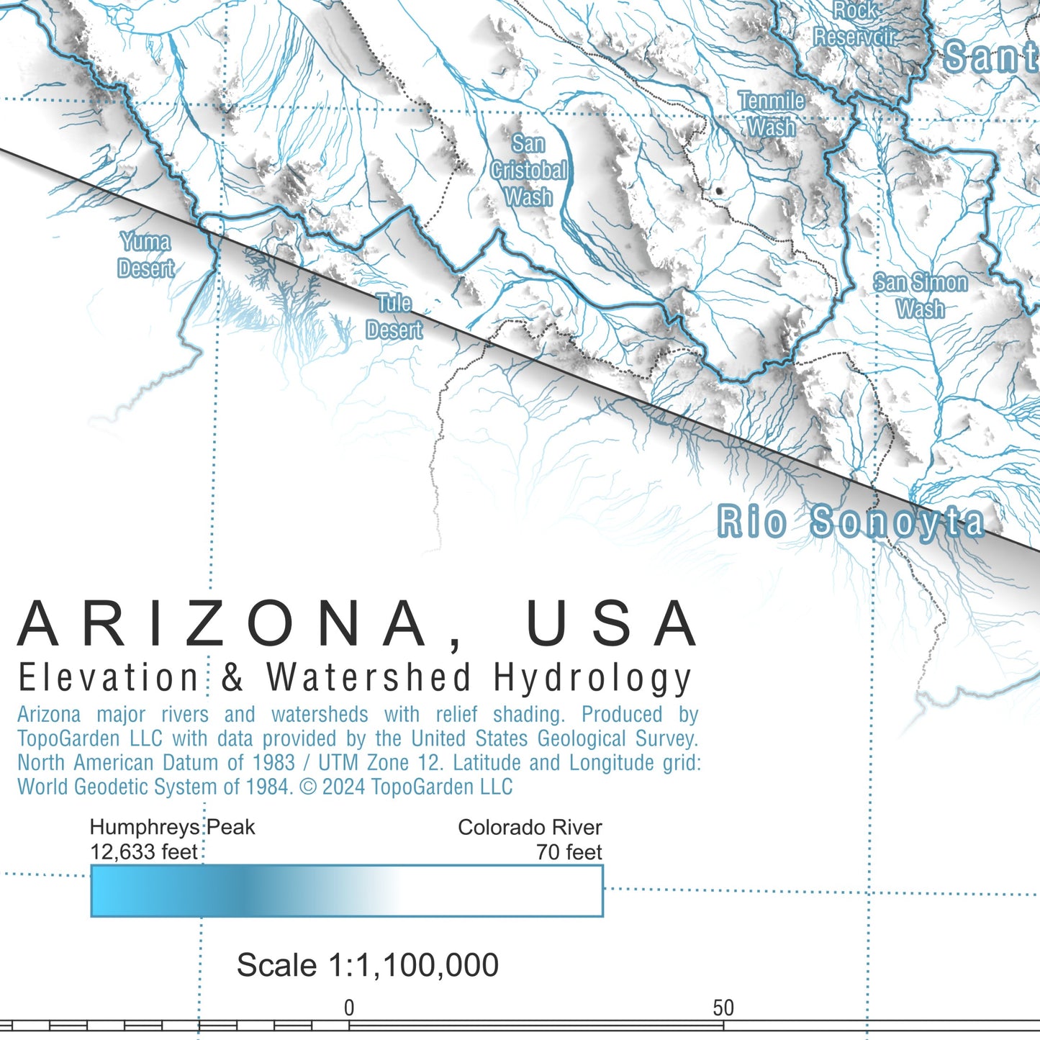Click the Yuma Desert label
[x=146, y=255]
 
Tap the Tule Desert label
[x=394, y=317]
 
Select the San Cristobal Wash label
[x=529, y=171]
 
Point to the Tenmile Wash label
[x=772, y=114]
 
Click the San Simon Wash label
[x=921, y=295]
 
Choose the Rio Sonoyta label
[x=851, y=522]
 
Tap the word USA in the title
[x=611, y=623]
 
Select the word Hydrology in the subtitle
[x=592, y=679]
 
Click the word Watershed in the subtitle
[x=369, y=678]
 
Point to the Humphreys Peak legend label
[x=172, y=827]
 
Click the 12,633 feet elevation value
[x=144, y=852]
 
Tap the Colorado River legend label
[x=530, y=827]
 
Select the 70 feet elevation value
[x=569, y=852]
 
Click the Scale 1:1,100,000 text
[x=368, y=965]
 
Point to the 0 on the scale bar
[x=349, y=1008]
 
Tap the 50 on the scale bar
[x=723, y=1008]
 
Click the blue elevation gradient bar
[x=346, y=891]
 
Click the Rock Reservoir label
[x=856, y=24]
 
